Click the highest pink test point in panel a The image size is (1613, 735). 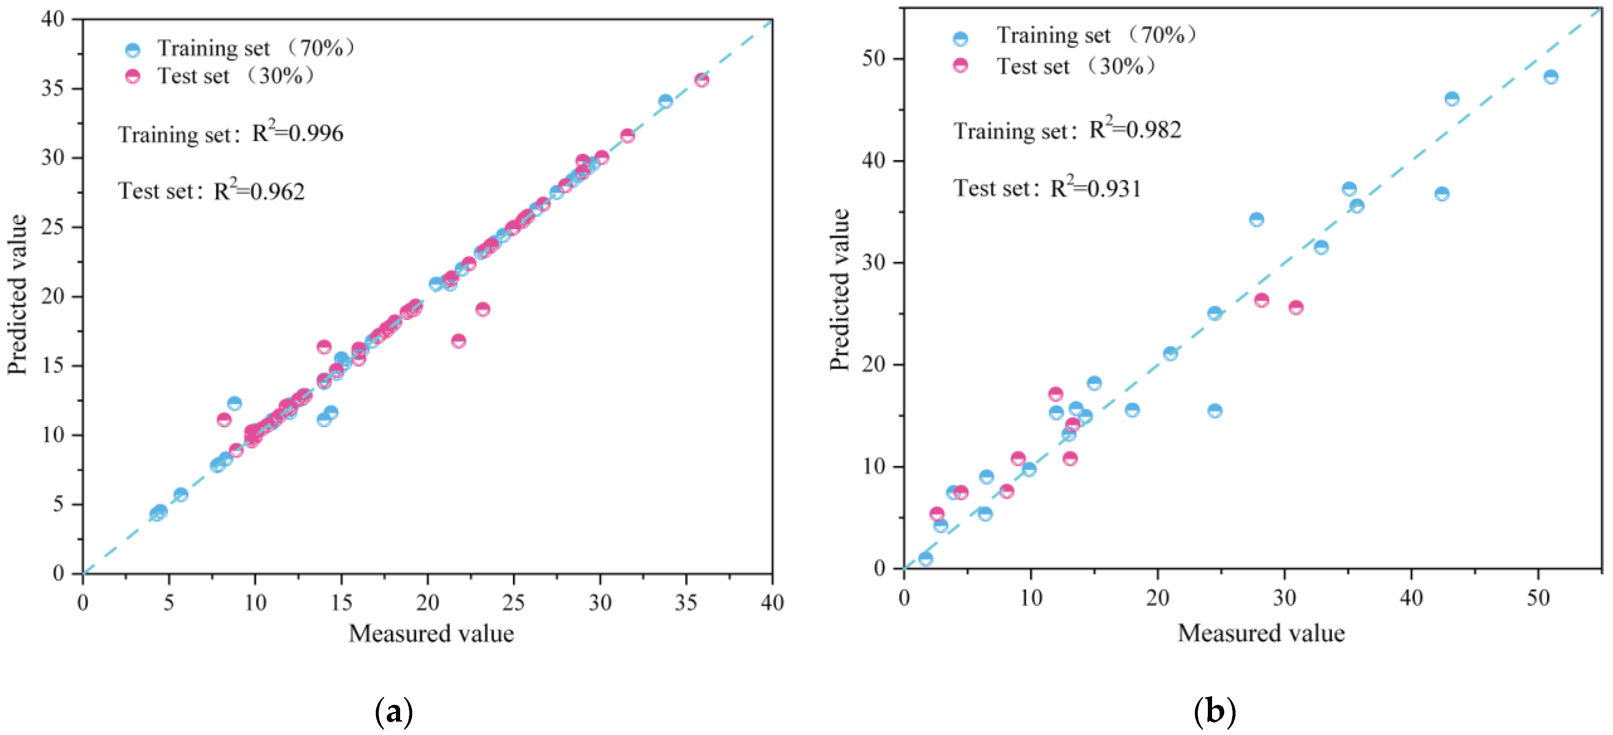click(x=701, y=80)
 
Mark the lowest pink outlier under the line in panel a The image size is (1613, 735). click(x=458, y=341)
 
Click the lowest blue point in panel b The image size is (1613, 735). click(x=925, y=559)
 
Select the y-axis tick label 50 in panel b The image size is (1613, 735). click(x=874, y=59)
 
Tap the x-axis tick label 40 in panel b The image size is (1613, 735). click(x=1411, y=598)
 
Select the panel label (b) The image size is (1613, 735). click(x=1214, y=712)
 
